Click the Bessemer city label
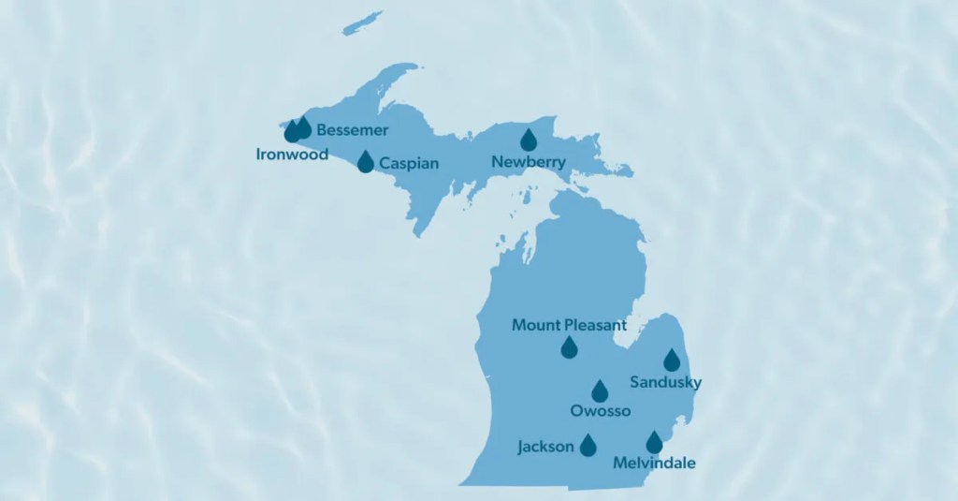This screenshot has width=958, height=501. [352, 129]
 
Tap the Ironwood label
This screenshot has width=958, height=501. [292, 155]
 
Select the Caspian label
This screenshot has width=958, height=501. [409, 163]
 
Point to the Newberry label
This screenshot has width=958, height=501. [529, 162]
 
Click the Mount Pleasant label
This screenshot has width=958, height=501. [569, 326]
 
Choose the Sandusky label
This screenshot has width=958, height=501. [665, 382]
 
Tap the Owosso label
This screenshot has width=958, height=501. [601, 410]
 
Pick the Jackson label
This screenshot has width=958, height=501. [545, 447]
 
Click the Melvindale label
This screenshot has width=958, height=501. [654, 463]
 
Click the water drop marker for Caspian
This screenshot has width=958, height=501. [366, 163]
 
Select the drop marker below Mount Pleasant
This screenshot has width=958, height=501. [569, 348]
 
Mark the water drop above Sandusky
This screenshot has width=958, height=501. [672, 361]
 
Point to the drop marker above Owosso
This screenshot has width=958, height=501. [600, 391]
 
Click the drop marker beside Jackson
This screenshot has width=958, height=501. [588, 446]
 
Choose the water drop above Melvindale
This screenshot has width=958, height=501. [654, 443]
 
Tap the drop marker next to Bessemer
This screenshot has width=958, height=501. [303, 127]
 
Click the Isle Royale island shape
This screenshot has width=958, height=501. [362, 23]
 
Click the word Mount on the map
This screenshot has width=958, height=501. [534, 326]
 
